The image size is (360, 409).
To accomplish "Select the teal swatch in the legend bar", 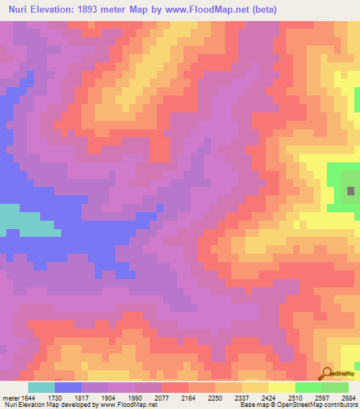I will pyautogui.click(x=41, y=387).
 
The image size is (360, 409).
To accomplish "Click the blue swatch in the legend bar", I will pyautogui.click(x=68, y=387).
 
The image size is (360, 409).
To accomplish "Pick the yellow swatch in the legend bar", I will pyautogui.click(x=281, y=387).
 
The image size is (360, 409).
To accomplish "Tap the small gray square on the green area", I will pyautogui.click(x=351, y=190).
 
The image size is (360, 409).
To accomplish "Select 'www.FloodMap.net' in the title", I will pyautogui.click(x=207, y=9).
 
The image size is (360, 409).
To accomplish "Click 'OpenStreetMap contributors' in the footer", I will pyautogui.click(x=321, y=405).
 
